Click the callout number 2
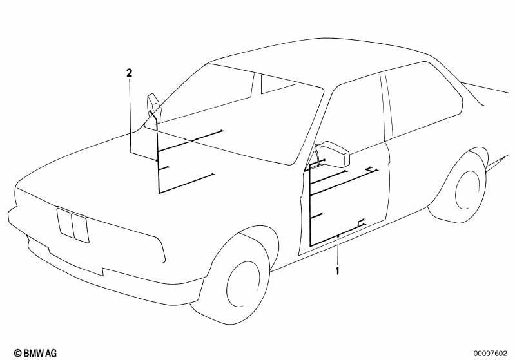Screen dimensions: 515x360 click(130, 73)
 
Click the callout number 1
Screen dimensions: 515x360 click(337, 271)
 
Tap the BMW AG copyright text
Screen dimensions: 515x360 click(35, 353)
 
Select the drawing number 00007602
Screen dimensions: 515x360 click(490, 354)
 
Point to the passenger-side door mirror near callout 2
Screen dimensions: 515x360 click(153, 108)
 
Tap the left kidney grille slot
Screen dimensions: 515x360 click(64, 222)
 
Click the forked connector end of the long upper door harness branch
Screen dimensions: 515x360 click(372, 169)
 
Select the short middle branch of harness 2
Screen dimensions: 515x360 click(164, 168)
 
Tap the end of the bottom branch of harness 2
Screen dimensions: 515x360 click(214, 174)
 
